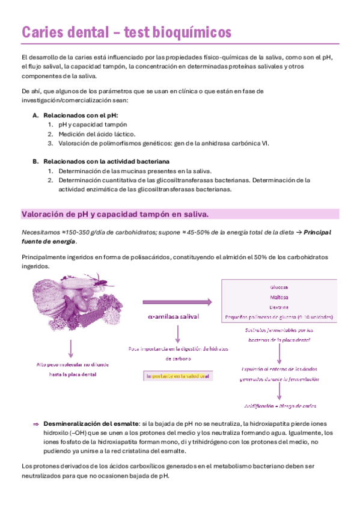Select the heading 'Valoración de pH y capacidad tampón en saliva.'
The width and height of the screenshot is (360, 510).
(115, 214)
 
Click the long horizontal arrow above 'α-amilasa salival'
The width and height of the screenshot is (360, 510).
(177, 303)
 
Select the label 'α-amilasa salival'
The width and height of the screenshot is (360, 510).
(174, 316)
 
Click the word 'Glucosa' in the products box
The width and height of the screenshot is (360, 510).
(279, 287)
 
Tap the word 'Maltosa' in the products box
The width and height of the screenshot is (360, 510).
(279, 297)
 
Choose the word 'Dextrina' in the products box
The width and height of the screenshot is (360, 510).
(279, 307)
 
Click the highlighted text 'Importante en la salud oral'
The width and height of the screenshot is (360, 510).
(177, 376)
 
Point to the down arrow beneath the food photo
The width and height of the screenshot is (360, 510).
(72, 348)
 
